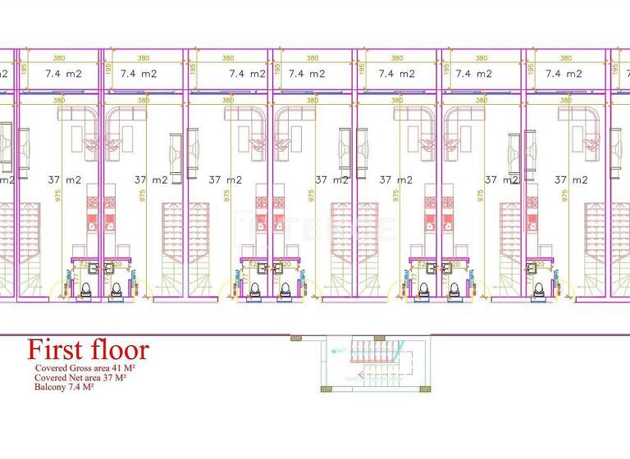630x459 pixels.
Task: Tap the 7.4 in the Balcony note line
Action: tap(78, 387)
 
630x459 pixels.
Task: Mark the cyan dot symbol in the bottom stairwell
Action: tap(334, 350)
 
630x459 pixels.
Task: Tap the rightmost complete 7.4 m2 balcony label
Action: tap(564, 73)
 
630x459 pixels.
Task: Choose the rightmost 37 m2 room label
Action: tap(572, 180)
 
